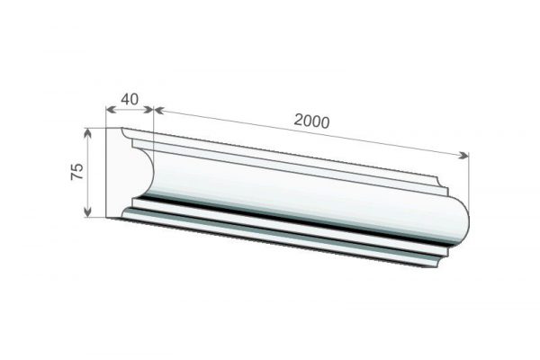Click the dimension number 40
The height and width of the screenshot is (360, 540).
pos(130,99)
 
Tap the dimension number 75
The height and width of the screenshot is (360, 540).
pos(77,171)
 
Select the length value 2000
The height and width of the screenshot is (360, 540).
pos(311,121)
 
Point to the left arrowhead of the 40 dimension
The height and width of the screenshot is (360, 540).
pos(110,110)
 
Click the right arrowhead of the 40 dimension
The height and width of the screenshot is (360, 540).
pos(148,110)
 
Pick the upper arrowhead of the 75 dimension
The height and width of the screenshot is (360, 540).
pos(88,132)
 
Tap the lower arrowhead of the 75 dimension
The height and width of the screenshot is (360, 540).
pos(88,212)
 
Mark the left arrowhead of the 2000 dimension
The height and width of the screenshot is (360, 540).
pos(158,110)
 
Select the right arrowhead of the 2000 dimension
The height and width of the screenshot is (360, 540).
pos(463,155)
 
